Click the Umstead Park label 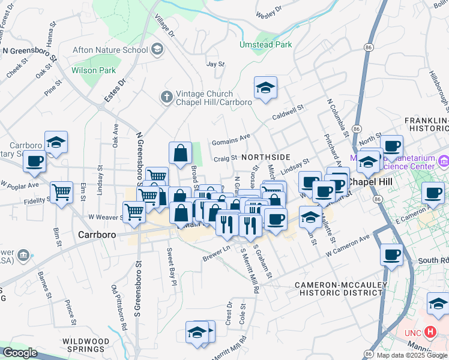(266, 44)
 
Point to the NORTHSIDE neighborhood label (267, 157)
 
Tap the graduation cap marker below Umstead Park (265, 89)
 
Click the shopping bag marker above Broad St (180, 154)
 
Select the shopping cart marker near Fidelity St (61, 193)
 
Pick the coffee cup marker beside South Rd (391, 254)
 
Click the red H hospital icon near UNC (430, 331)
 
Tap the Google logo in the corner (20, 353)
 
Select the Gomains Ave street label (231, 140)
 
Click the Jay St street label (215, 64)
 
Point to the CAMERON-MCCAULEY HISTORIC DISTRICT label (339, 288)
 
